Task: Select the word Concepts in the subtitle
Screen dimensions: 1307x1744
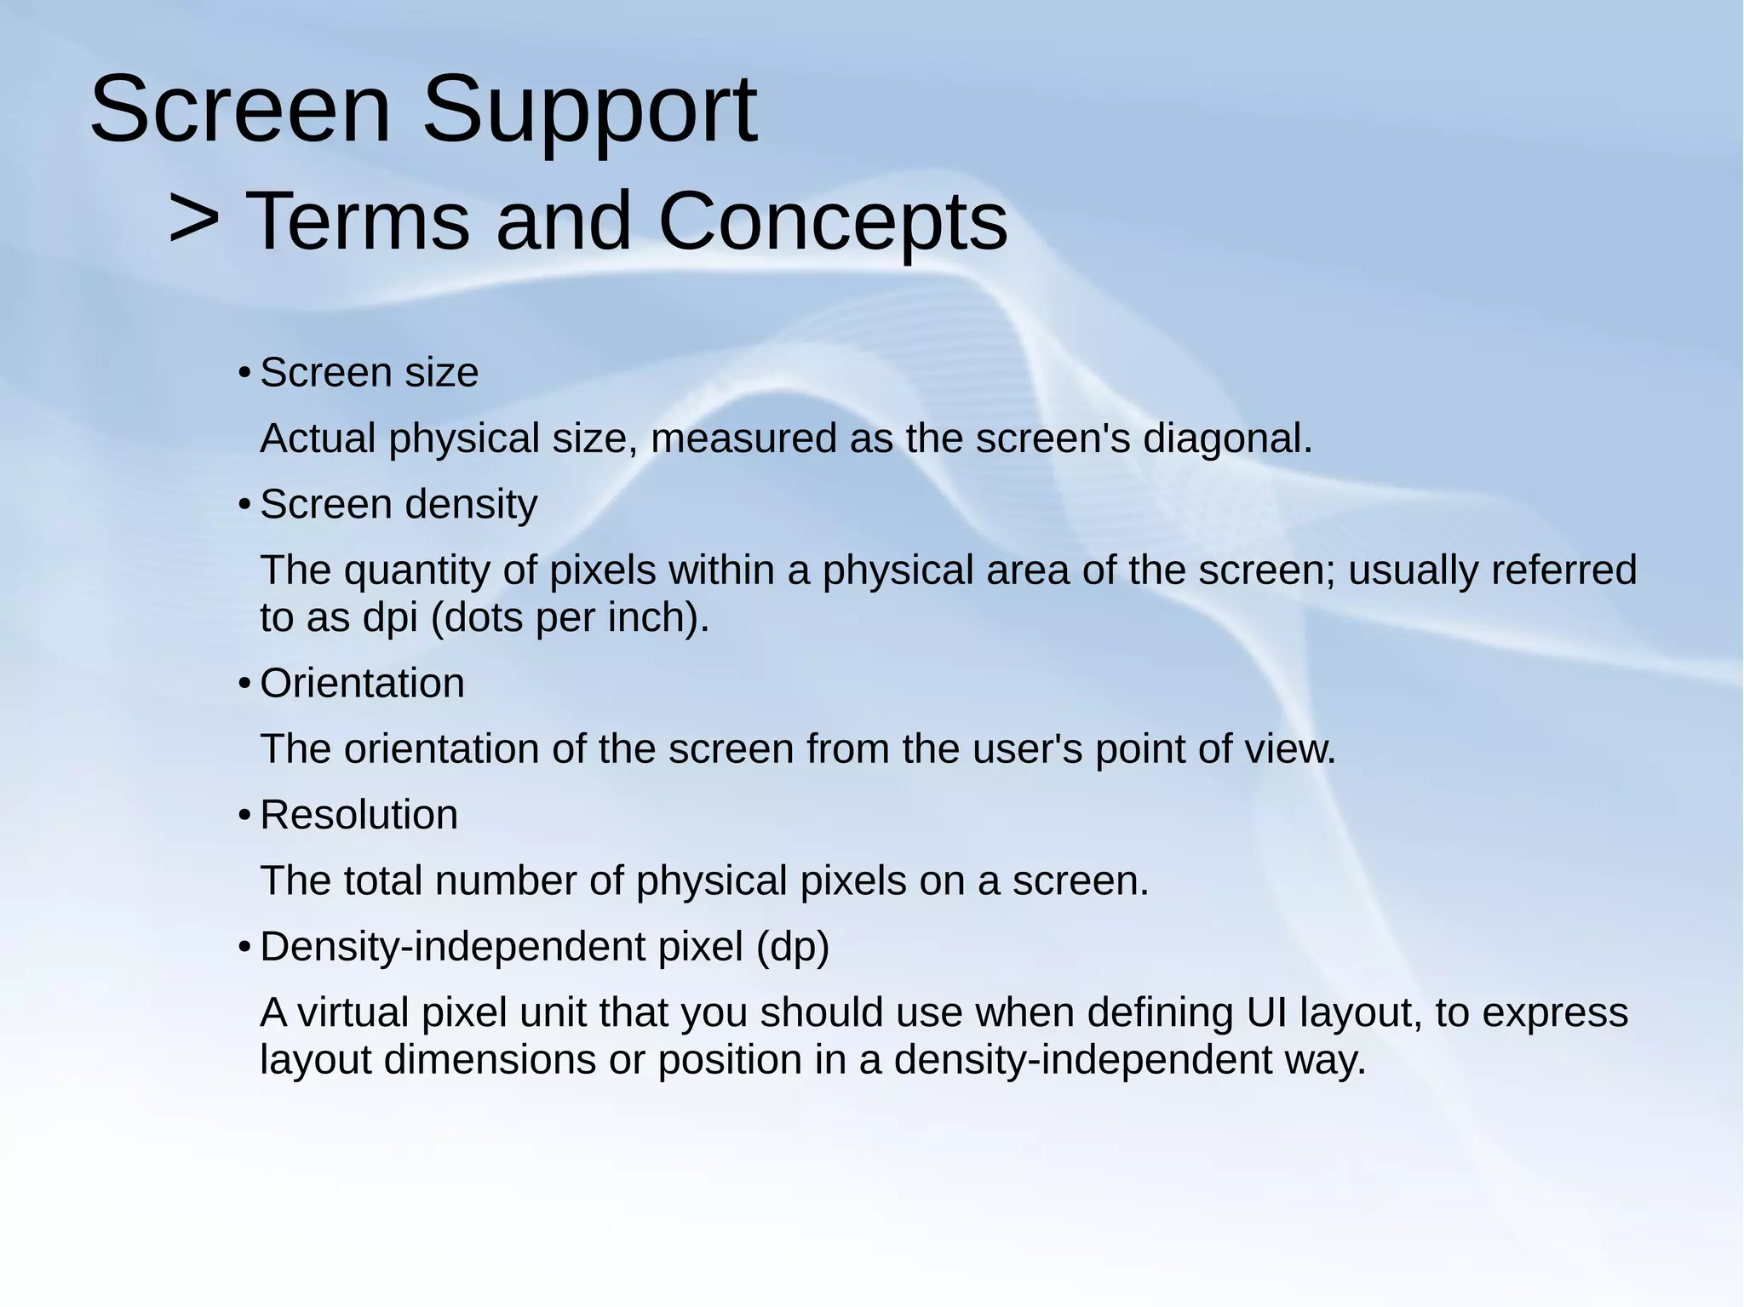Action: (x=833, y=221)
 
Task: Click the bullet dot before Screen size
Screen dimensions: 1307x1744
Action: (x=244, y=373)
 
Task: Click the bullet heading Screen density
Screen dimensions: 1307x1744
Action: (x=399, y=504)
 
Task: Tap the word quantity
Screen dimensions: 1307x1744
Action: (x=416, y=570)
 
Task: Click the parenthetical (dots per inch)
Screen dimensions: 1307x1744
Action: (x=571, y=617)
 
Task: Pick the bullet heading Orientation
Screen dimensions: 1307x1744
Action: (x=362, y=683)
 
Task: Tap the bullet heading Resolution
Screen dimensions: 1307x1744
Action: (x=359, y=815)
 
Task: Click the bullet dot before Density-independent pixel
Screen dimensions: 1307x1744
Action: (x=244, y=947)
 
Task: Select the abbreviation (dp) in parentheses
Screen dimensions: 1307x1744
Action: (x=792, y=947)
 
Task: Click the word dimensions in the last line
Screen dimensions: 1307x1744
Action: (x=490, y=1060)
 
